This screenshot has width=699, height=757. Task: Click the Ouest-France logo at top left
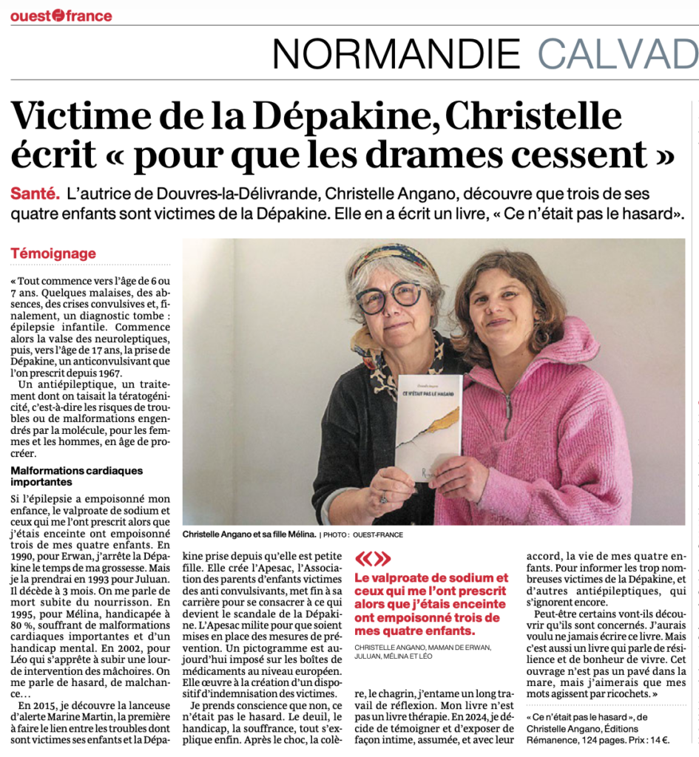[x=61, y=16]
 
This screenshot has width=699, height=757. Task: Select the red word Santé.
[x=35, y=194]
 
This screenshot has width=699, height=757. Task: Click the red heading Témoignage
[x=53, y=254]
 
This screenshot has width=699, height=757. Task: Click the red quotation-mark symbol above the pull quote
[x=373, y=559]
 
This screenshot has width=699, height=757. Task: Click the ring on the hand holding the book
[x=383, y=498]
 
